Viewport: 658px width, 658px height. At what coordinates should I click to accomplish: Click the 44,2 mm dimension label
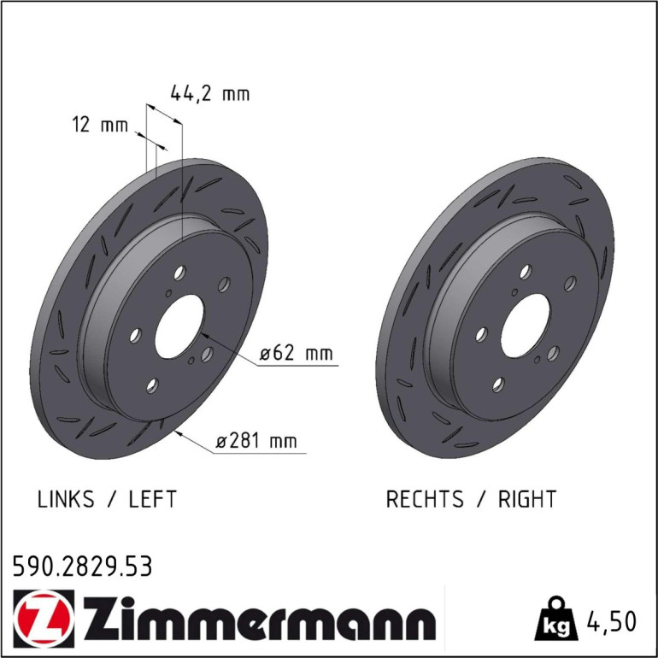pyautogui.click(x=210, y=93)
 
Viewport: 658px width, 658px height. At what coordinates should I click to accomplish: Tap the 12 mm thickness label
pyautogui.click(x=100, y=125)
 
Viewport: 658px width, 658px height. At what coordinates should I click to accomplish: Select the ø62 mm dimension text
pyautogui.click(x=297, y=353)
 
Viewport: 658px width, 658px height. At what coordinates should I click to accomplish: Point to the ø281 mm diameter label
pyautogui.click(x=256, y=441)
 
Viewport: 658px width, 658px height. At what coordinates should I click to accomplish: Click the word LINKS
pyautogui.click(x=66, y=499)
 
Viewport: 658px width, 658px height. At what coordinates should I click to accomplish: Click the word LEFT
pyautogui.click(x=152, y=499)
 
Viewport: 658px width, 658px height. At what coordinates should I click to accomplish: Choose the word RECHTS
pyautogui.click(x=425, y=499)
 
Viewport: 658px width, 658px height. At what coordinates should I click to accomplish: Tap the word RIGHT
pyautogui.click(x=527, y=499)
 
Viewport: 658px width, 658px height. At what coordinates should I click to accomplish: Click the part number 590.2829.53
pyautogui.click(x=82, y=566)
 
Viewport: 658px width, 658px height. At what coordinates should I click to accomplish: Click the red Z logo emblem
pyautogui.click(x=44, y=619)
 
